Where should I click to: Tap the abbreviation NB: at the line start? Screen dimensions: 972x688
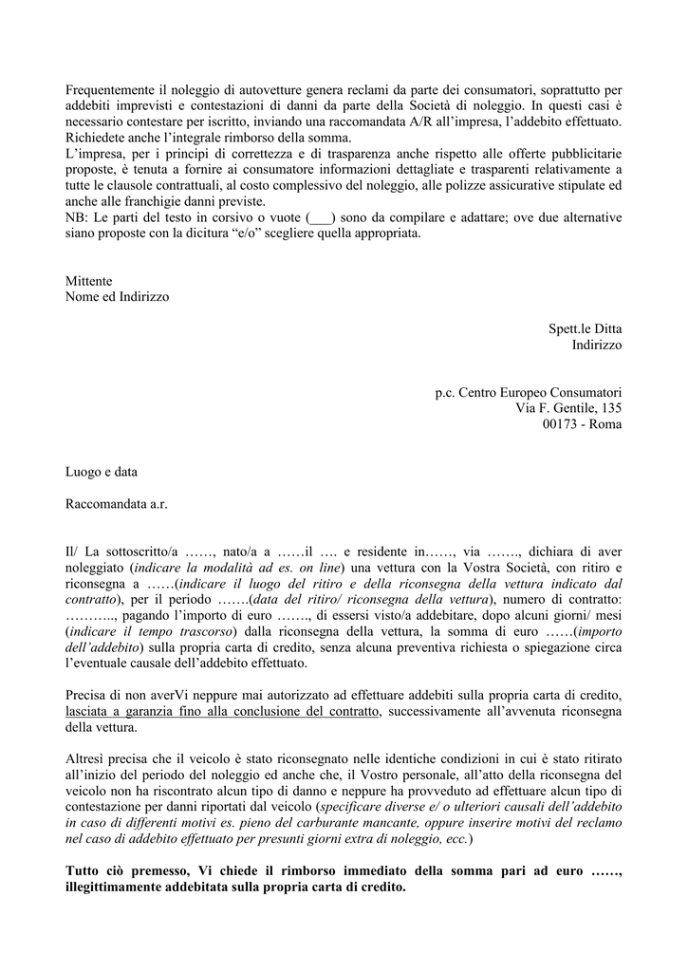(77, 217)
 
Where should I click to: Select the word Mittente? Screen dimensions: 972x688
(88, 282)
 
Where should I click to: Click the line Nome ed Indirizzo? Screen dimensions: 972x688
(117, 297)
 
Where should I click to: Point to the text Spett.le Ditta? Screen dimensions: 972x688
(585, 328)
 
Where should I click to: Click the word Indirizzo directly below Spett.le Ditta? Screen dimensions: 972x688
(597, 345)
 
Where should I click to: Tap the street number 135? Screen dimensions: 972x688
(611, 408)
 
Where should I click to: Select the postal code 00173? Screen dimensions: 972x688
(563, 424)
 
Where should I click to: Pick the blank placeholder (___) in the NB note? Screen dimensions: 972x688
(321, 217)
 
